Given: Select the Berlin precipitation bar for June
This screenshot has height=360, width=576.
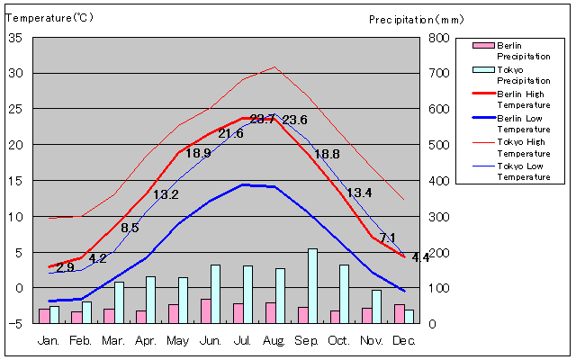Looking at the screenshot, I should [206, 311].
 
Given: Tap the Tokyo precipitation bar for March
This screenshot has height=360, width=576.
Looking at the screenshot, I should [119, 302].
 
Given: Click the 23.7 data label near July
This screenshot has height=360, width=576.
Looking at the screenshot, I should [263, 120].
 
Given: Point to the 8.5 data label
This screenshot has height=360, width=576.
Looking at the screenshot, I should [130, 228].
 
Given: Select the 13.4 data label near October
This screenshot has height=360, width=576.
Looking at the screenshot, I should [359, 193].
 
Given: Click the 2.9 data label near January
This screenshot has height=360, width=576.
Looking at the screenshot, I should [65, 267].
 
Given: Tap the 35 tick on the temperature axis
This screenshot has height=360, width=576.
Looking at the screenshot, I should [15, 38].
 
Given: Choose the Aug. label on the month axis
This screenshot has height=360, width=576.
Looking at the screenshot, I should [274, 340].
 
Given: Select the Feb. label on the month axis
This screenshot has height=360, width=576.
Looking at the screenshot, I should [81, 340].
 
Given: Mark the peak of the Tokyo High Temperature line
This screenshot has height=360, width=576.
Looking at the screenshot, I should [274, 67].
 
